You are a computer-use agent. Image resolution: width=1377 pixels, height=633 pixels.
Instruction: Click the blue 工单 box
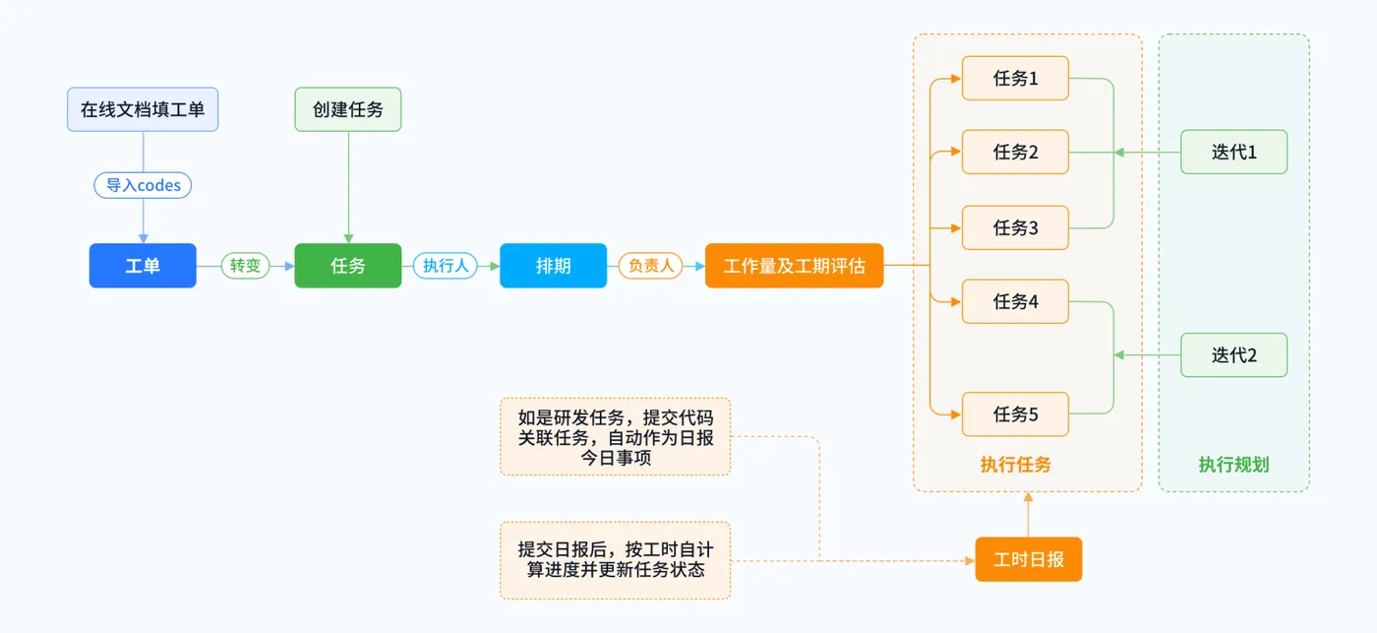tap(143, 266)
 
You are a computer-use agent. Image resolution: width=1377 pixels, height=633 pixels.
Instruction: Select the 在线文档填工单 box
tap(143, 109)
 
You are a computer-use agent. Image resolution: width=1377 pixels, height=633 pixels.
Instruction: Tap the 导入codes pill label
tap(144, 185)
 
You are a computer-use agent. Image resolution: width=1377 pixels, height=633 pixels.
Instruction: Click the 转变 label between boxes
tap(245, 266)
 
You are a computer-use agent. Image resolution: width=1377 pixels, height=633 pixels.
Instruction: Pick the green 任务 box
tap(348, 266)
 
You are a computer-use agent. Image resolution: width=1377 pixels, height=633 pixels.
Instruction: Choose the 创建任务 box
tap(348, 109)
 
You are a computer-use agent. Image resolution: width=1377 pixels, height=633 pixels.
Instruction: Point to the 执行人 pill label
tap(446, 266)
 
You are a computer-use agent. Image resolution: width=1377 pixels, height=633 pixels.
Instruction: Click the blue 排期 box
tap(553, 266)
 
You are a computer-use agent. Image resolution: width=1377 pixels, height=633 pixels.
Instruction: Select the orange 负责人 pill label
tap(650, 266)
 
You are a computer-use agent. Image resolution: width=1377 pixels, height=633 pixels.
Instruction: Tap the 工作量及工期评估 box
tap(794, 266)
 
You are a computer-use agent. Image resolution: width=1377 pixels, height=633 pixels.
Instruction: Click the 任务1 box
tap(1015, 79)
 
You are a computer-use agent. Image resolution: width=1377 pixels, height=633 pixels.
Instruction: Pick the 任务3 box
tap(1015, 227)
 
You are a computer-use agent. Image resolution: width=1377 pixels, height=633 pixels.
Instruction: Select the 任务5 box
tap(1015, 414)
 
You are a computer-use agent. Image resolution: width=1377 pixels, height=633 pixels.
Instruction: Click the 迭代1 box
tap(1233, 153)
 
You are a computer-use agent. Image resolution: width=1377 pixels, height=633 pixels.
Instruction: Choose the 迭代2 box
tap(1233, 355)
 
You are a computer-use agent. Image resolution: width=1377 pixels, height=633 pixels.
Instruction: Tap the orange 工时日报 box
tap(1028, 560)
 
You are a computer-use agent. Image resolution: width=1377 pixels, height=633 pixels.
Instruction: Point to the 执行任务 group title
tap(1015, 465)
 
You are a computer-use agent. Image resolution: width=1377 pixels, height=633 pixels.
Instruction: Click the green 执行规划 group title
tap(1233, 465)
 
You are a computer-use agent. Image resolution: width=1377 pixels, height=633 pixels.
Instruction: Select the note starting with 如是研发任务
tap(615, 437)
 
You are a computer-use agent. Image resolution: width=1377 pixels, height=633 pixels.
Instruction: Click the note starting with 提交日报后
tap(615, 560)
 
